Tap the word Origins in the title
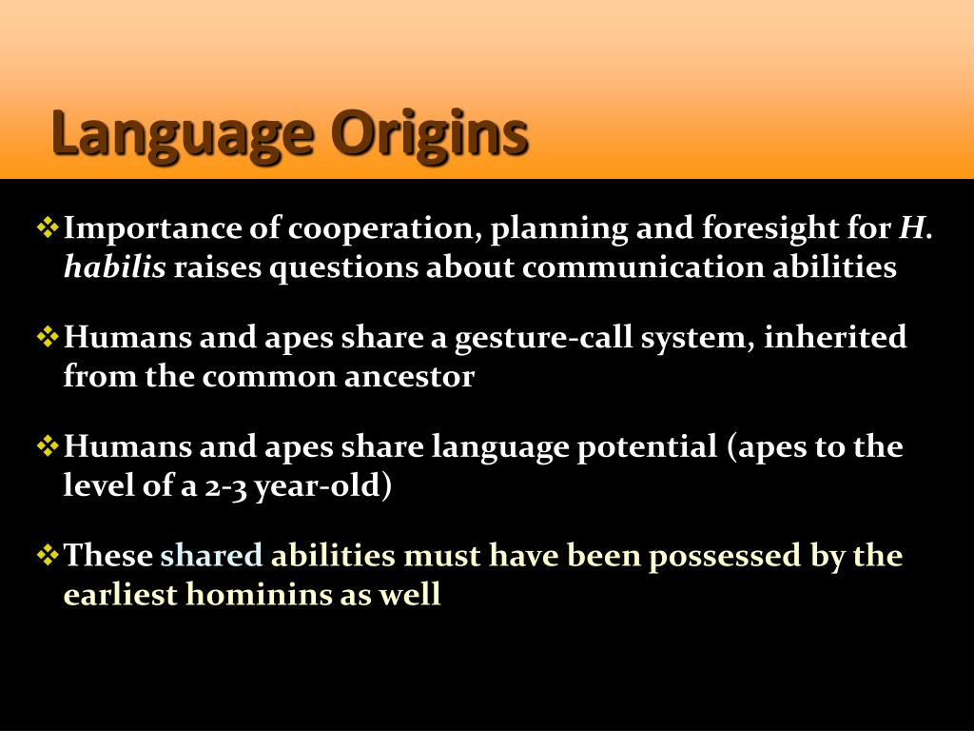[x=429, y=134]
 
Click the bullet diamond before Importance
[x=48, y=227]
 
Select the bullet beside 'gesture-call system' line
[x=48, y=337]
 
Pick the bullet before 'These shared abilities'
[x=48, y=555]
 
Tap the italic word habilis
[x=115, y=267]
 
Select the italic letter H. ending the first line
[x=915, y=227]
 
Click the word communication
[x=643, y=267]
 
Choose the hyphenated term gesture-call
[x=543, y=339]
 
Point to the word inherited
[x=835, y=337]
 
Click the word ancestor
[x=409, y=377]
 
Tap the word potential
[x=647, y=448]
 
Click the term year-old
[x=320, y=486]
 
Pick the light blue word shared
[x=211, y=555]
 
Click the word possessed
[x=725, y=556]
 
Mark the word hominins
[x=259, y=594]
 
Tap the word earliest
[x=121, y=594]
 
